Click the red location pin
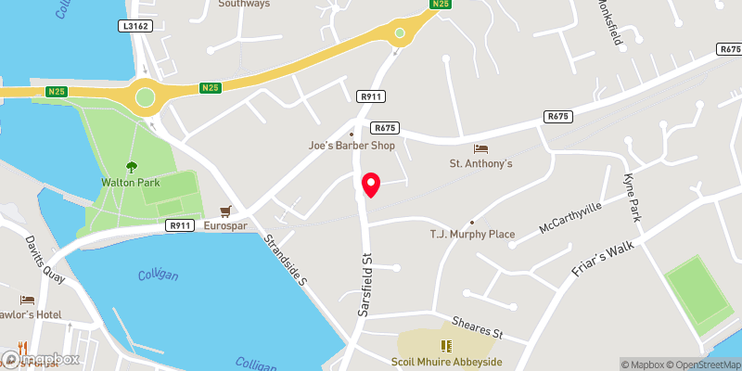[x=371, y=184]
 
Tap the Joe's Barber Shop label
[x=352, y=146]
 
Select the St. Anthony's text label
[x=481, y=164]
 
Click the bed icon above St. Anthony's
[x=480, y=148]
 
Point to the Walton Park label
[x=130, y=183]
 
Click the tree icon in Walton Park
[x=131, y=167]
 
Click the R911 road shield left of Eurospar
[x=180, y=225]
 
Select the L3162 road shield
[x=135, y=26]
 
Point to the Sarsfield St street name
[x=365, y=283]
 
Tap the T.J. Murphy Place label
[x=471, y=234]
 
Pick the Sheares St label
[x=478, y=326]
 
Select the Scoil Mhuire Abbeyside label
[x=446, y=362]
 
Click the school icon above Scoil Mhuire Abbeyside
[x=446, y=345]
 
